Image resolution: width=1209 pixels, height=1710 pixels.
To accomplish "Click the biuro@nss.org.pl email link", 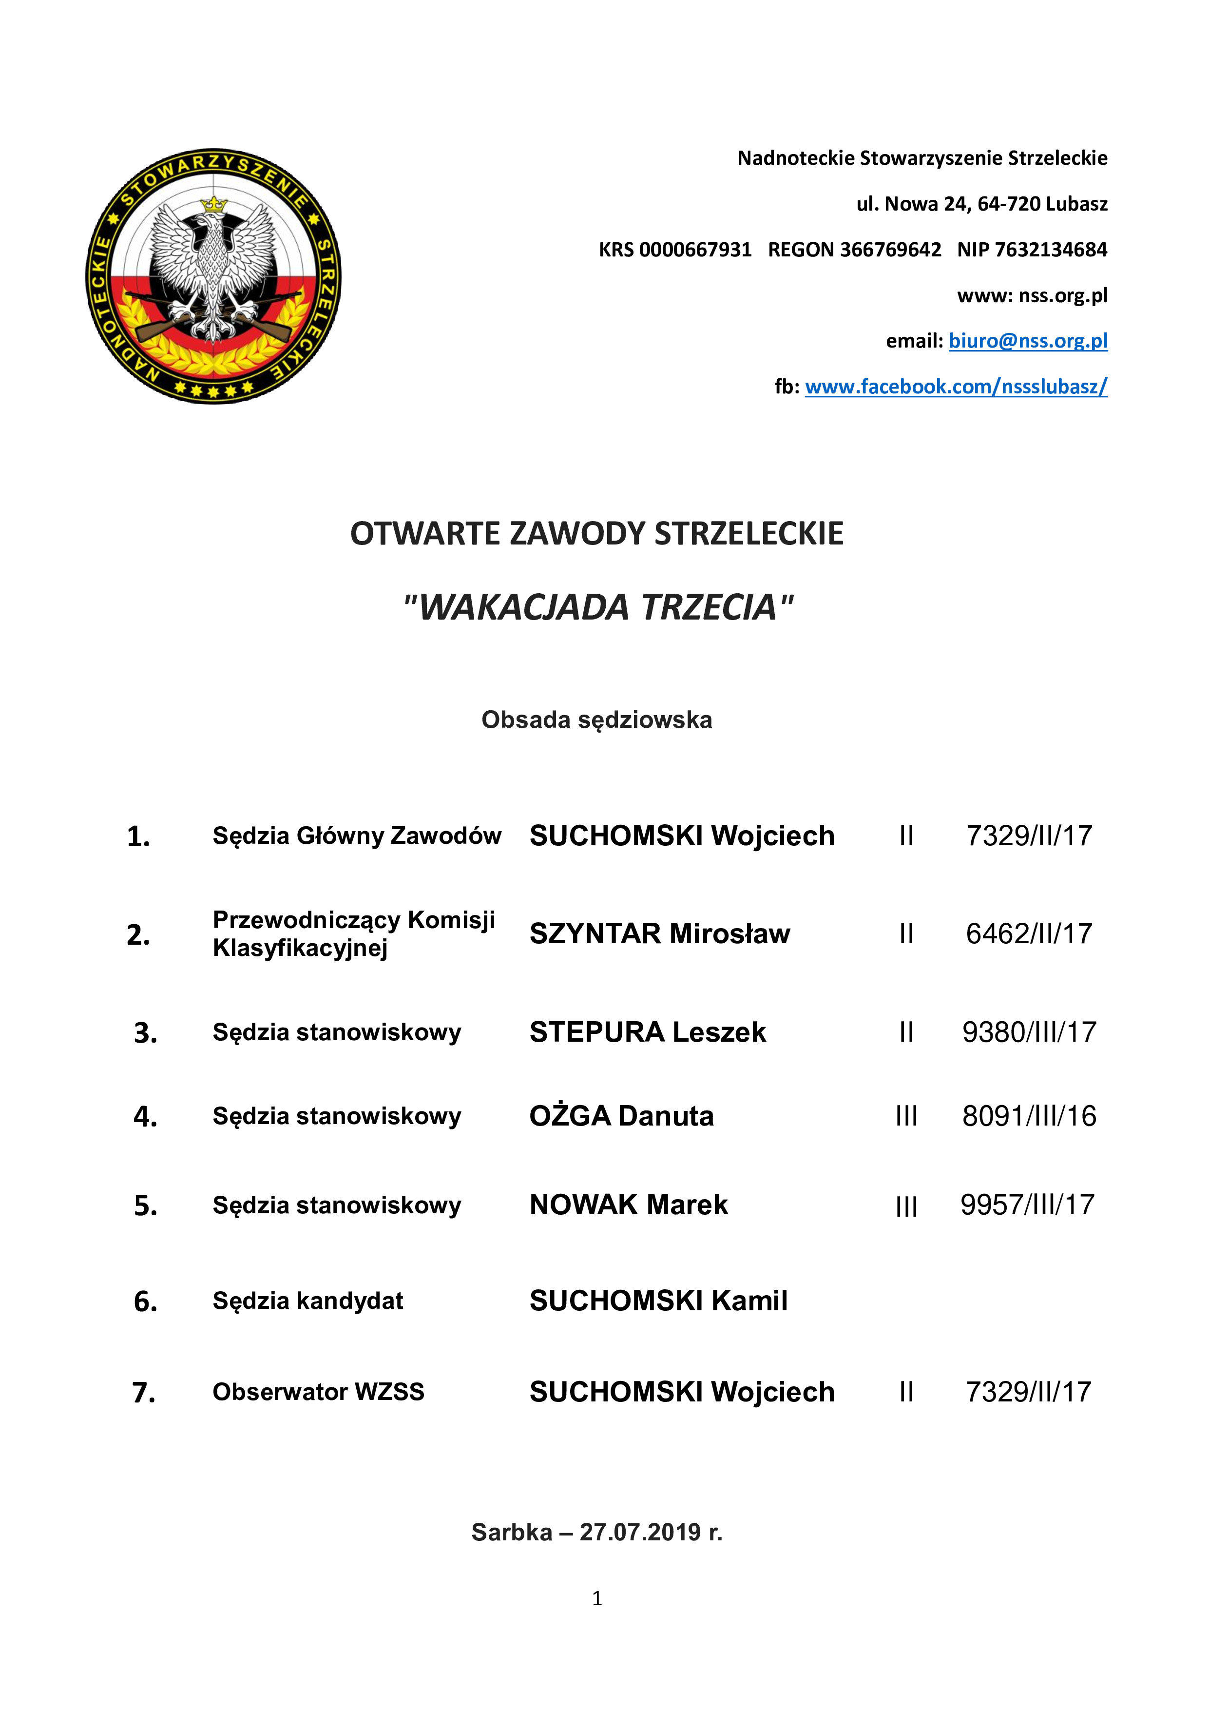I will tap(1028, 341).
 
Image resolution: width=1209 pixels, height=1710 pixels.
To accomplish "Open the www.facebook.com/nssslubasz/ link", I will tap(956, 387).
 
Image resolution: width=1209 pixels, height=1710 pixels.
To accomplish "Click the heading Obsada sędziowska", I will tap(596, 720).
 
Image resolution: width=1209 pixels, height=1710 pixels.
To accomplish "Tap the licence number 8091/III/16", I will tap(1029, 1116).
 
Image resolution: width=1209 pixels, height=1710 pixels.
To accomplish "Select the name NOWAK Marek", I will tap(628, 1205).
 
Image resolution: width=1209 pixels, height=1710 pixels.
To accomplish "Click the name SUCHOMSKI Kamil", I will tap(658, 1301).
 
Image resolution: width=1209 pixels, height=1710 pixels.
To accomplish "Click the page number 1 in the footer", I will tap(597, 1598).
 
